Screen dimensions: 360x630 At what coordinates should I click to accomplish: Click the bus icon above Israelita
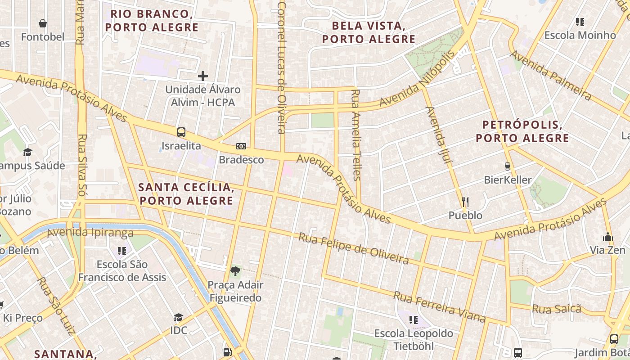(181, 132)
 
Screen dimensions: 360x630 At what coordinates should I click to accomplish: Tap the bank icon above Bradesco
(241, 146)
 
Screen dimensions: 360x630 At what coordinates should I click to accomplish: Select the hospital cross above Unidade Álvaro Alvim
(203, 76)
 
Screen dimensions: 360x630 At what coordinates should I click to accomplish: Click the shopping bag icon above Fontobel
(43, 23)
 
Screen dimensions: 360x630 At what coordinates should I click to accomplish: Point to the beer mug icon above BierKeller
(508, 166)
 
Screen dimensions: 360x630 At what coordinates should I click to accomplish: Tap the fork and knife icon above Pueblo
(465, 202)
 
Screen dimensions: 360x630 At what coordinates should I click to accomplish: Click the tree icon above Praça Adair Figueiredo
(235, 271)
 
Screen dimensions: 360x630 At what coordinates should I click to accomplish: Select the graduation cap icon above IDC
(179, 317)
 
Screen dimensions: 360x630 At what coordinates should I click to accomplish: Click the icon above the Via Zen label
(608, 237)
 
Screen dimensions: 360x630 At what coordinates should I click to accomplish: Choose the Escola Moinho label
(580, 35)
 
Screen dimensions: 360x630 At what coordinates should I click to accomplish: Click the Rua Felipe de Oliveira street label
(354, 248)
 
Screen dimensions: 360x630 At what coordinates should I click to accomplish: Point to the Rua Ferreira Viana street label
(439, 306)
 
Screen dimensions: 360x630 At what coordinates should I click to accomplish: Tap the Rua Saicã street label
(557, 309)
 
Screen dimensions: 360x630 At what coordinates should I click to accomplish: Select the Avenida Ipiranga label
(90, 233)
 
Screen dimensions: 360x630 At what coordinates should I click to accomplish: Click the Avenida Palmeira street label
(550, 75)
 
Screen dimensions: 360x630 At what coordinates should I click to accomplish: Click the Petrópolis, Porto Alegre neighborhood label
(522, 131)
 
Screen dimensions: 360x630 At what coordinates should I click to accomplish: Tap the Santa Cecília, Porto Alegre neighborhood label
(186, 193)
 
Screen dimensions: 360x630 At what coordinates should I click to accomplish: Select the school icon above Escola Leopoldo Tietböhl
(414, 320)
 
